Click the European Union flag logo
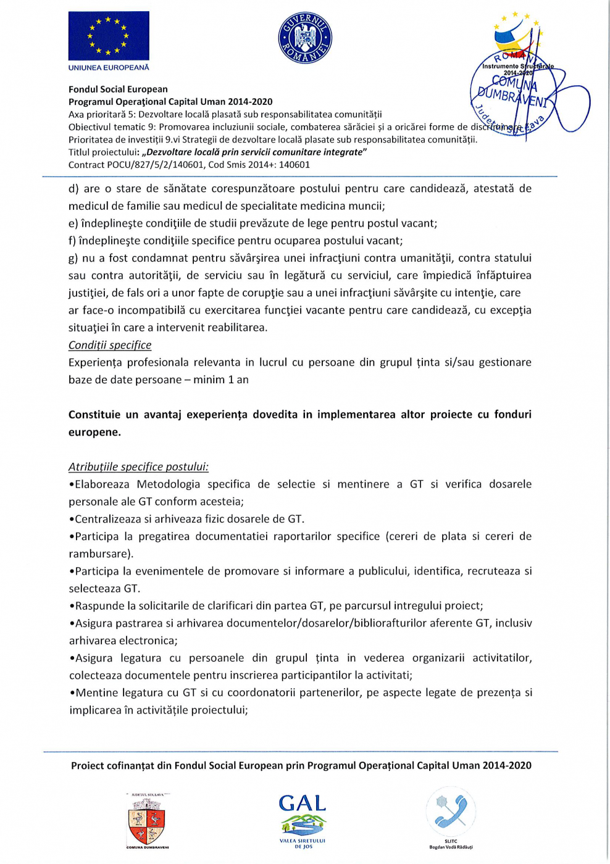(109, 36)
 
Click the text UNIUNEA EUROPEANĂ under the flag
(109, 67)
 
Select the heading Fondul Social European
(118, 89)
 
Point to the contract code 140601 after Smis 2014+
(294, 165)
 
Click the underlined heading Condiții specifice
(110, 345)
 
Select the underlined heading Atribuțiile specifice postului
(138, 467)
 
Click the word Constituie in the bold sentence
(93, 414)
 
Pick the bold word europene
(94, 432)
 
